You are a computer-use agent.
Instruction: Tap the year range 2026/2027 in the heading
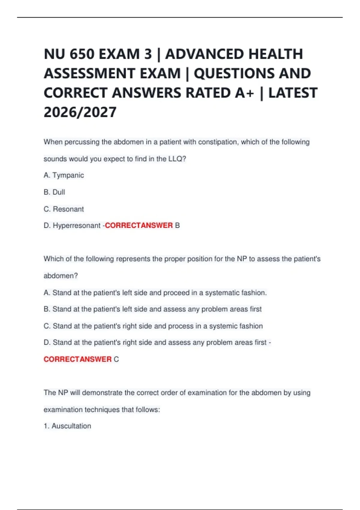[80, 112]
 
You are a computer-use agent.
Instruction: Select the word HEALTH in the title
[276, 54]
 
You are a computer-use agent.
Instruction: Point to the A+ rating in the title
[244, 93]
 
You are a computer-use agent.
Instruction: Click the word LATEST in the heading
[293, 93]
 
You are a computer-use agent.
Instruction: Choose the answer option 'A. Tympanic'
[64, 175]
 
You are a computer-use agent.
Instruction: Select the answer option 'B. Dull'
[54, 192]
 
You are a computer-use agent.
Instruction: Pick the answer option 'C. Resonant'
[64, 209]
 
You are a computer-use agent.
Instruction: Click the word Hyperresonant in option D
[76, 225]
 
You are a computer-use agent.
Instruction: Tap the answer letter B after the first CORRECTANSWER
[177, 225]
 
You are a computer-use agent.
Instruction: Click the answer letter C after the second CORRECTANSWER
[116, 359]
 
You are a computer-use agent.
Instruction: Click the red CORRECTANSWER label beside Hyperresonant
[139, 225]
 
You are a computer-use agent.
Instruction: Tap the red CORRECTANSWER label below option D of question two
[78, 359]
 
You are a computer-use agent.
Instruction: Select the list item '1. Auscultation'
[67, 426]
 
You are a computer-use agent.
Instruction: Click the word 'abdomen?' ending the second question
[61, 276]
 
